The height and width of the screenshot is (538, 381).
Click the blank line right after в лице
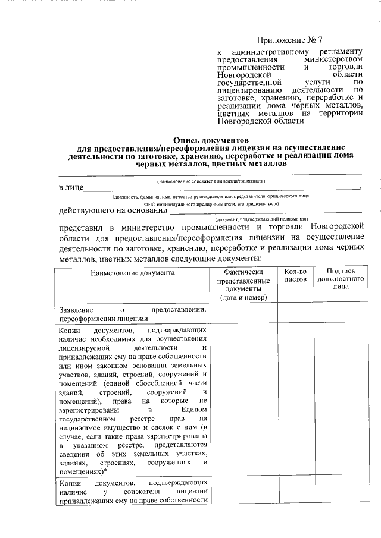[x=220, y=189]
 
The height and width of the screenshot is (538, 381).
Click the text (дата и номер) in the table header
[x=243, y=297]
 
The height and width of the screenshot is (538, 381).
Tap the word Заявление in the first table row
[x=76, y=310]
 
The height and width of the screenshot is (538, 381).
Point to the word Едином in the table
[x=194, y=410]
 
